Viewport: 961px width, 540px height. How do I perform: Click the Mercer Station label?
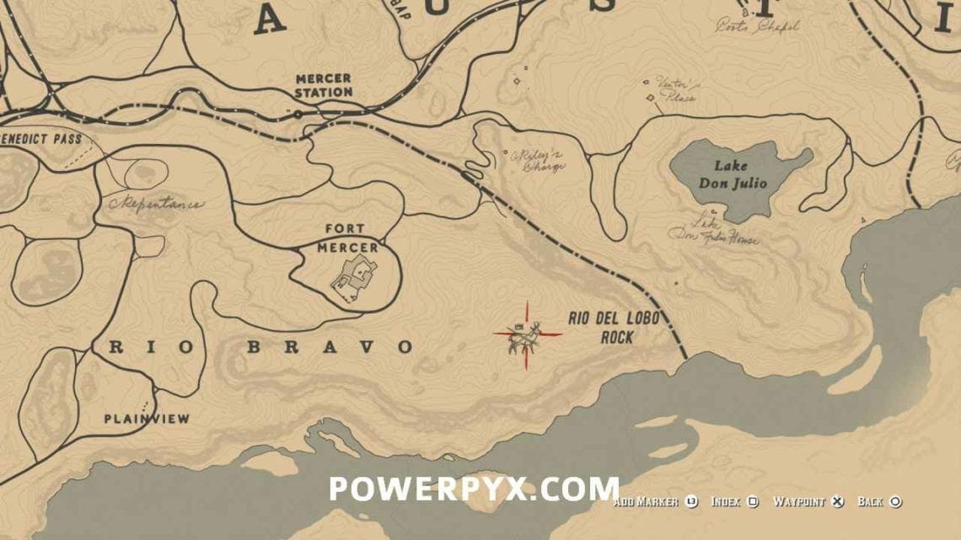pos(324,85)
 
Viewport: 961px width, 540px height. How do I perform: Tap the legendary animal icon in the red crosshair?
pos(527,335)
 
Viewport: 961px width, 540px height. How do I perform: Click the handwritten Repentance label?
pos(156,203)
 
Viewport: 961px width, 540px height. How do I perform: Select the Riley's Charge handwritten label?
pos(536,160)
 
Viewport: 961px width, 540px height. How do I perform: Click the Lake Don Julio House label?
pos(713,232)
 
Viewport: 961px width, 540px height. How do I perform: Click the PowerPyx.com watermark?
pos(474,489)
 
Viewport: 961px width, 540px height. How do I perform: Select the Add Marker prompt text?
pos(646,502)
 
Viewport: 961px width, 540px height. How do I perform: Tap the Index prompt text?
pos(727,502)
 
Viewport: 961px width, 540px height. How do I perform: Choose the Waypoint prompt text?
pos(800,502)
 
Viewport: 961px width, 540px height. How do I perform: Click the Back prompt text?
pos(870,502)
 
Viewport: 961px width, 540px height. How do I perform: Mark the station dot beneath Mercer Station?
pos(297,112)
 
